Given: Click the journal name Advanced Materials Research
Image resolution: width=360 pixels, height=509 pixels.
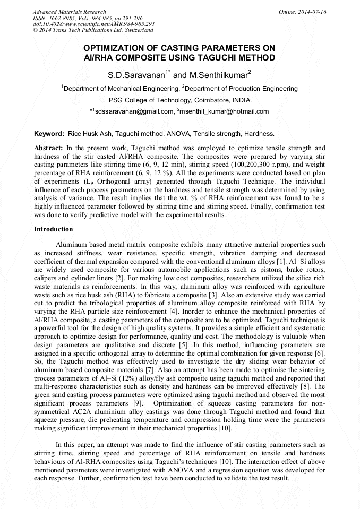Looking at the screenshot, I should pyautogui.click(x=69, y=12).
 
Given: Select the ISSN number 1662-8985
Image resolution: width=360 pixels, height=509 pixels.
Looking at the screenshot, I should pyautogui.click(x=62, y=18).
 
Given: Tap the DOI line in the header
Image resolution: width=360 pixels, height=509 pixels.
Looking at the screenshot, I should pyautogui.click(x=93, y=24).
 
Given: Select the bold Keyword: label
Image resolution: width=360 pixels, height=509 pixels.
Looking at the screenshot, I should pyautogui.click(x=49, y=134).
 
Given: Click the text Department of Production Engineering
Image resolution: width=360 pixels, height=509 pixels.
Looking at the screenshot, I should pyautogui.click(x=241, y=89).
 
